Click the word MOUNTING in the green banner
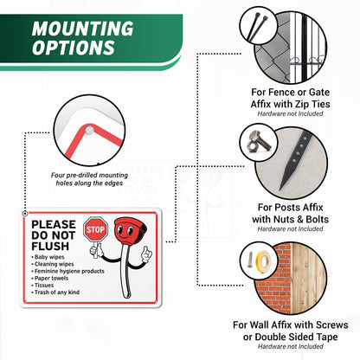point(83,29)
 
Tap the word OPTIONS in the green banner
point(74,48)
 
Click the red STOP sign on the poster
point(95,229)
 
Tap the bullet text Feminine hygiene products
point(69,271)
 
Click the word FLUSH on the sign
point(50,247)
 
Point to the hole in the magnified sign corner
point(89,131)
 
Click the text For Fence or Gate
point(291,93)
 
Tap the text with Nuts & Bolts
point(290,219)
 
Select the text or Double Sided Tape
point(290,337)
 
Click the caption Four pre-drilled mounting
point(89,175)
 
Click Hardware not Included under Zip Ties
point(290,113)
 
